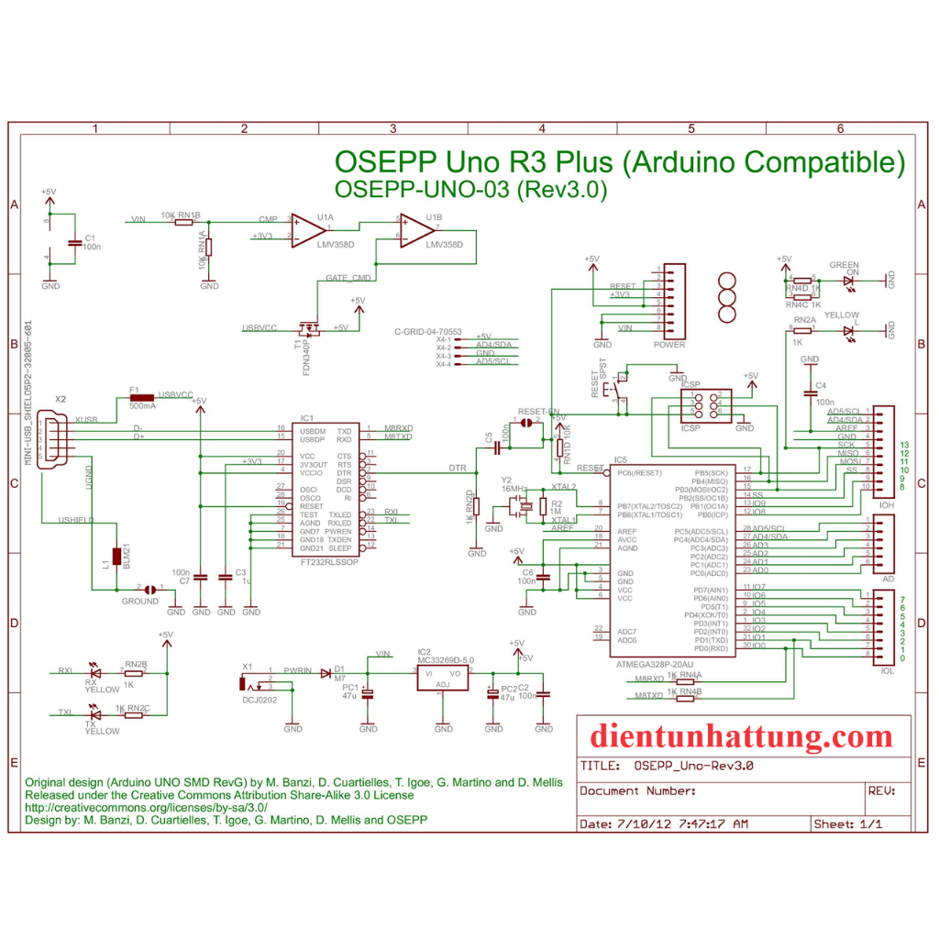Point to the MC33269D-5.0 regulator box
click(x=443, y=678)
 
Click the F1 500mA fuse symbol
click(x=142, y=397)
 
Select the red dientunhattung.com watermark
click(x=741, y=735)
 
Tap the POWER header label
click(x=669, y=346)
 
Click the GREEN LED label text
click(x=844, y=265)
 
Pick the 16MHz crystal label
click(x=514, y=489)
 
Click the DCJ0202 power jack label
click(x=260, y=700)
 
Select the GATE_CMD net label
click(x=348, y=277)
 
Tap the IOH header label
click(x=886, y=505)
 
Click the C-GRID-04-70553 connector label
click(x=427, y=331)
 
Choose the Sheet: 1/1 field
click(x=847, y=823)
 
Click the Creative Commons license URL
click(x=146, y=807)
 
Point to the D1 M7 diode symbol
click(x=326, y=673)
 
